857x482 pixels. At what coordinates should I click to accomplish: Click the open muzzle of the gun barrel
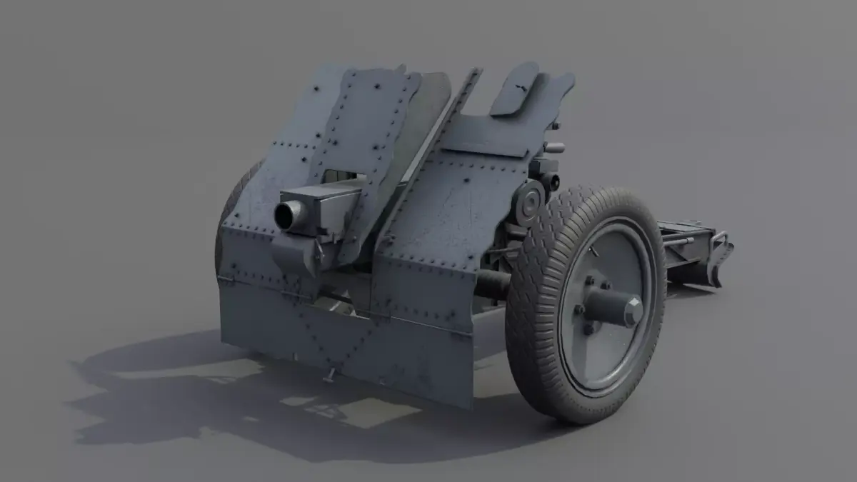tap(289, 215)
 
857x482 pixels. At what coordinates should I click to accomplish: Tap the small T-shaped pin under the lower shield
tap(331, 374)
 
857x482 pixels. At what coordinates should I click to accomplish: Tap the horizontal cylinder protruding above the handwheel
tap(553, 148)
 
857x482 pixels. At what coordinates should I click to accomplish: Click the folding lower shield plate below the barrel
tap(343, 336)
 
